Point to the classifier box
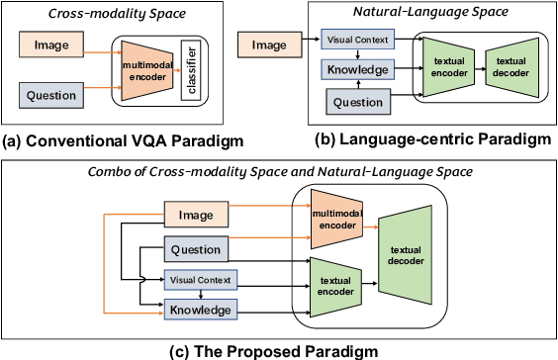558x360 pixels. point(197,69)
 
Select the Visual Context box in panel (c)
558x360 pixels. point(199,280)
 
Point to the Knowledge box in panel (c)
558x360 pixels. point(199,310)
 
